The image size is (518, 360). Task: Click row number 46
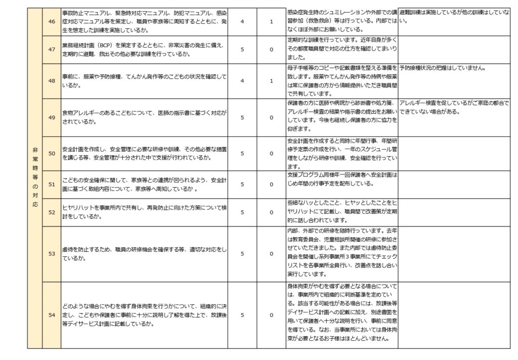[51, 22]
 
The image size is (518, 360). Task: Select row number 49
[51, 117]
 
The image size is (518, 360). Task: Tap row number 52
[51, 212]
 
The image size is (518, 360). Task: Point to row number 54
[51, 315]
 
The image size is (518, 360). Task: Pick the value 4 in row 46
[242, 22]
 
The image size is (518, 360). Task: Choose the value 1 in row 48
[271, 80]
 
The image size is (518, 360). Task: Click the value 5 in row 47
[242, 50]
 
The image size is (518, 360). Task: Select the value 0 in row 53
[271, 254]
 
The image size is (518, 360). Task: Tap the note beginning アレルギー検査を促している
[454, 107]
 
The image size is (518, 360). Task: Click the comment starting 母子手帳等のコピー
[341, 80]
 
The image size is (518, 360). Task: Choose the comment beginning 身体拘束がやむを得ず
[341, 315]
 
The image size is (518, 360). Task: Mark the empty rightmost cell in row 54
[454, 315]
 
